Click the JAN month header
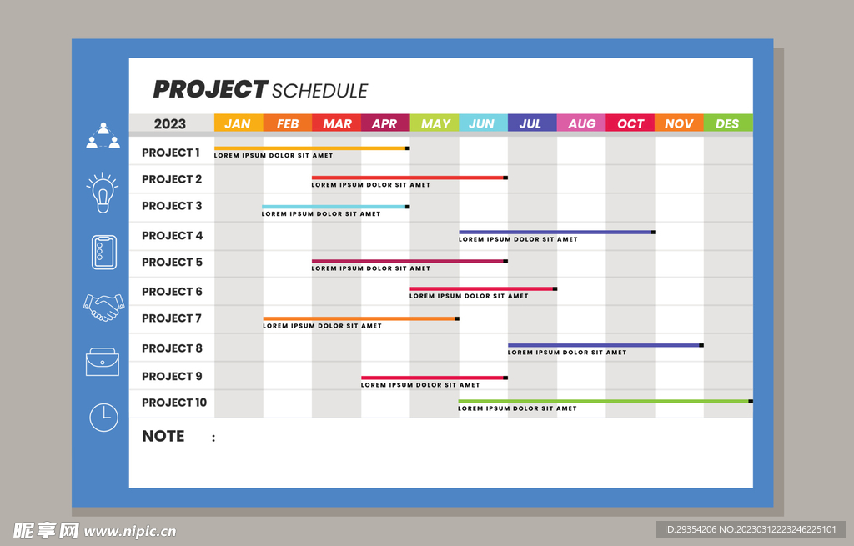click(x=239, y=123)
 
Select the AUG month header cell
click(x=581, y=123)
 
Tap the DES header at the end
click(x=728, y=123)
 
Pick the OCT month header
click(x=630, y=123)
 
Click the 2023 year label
click(x=170, y=123)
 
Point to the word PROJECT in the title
click(x=209, y=89)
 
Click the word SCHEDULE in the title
click(x=319, y=91)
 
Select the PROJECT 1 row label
click(x=170, y=153)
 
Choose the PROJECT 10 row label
click(x=174, y=403)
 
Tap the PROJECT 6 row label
click(x=172, y=292)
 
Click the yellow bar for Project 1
click(x=311, y=148)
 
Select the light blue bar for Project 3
click(x=334, y=207)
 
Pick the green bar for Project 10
click(x=604, y=401)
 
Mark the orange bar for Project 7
click(x=359, y=318)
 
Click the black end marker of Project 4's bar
click(x=653, y=232)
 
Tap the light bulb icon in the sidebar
click(x=103, y=193)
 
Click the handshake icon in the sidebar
click(x=103, y=308)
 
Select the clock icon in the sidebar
click(x=103, y=418)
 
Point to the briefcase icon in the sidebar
click(x=103, y=362)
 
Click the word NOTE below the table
click(x=163, y=436)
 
